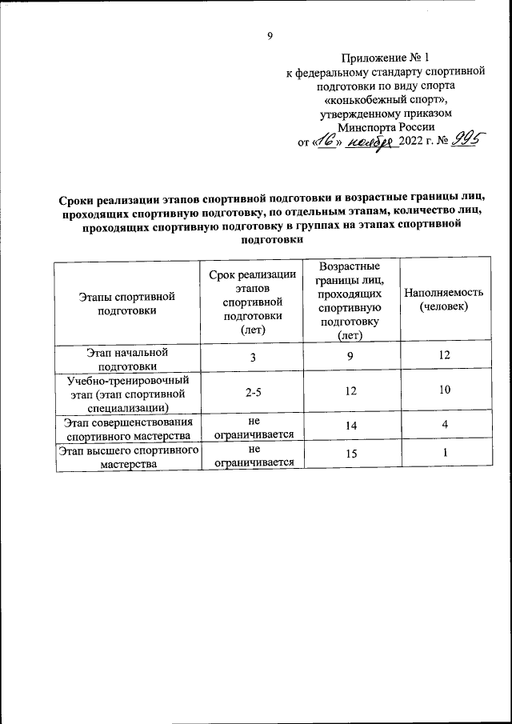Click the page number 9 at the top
pyautogui.click(x=270, y=35)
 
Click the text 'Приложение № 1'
pyautogui.click(x=386, y=58)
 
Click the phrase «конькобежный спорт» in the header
pyautogui.click(x=386, y=100)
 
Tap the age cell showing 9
pyautogui.click(x=350, y=356)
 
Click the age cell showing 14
pyautogui.click(x=350, y=428)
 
